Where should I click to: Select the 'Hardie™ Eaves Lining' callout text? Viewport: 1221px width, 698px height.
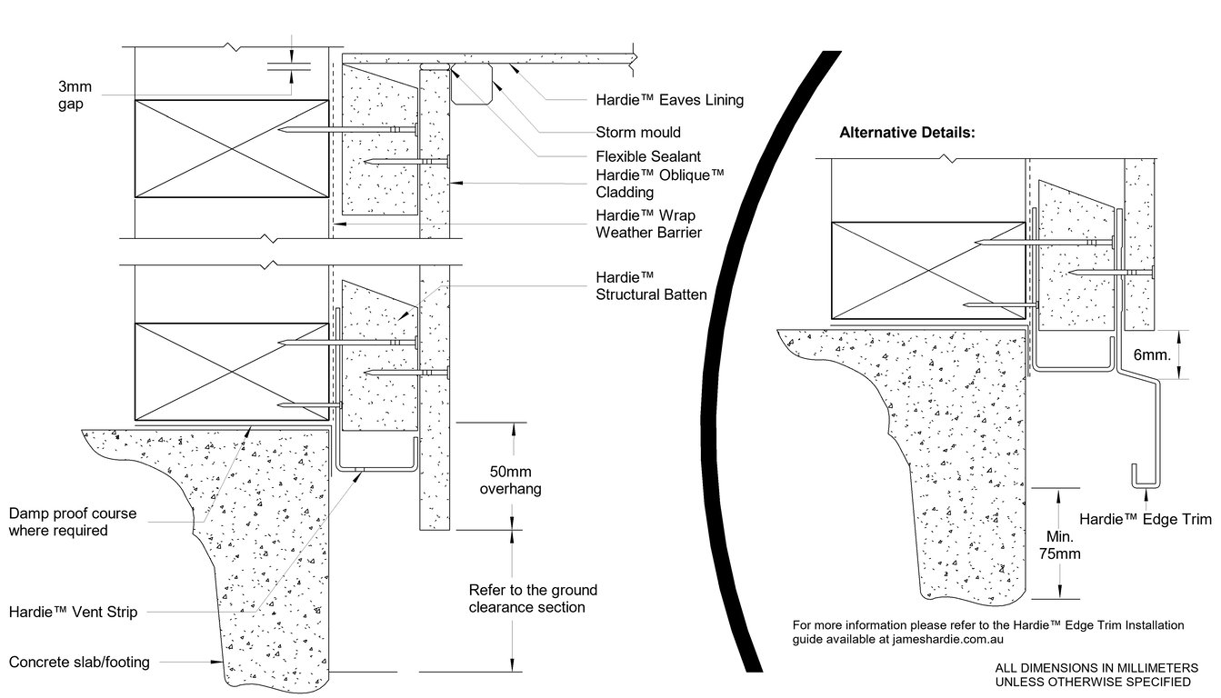(669, 100)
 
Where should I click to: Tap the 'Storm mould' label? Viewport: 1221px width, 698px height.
(637, 132)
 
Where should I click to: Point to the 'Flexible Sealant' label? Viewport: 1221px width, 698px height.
(647, 156)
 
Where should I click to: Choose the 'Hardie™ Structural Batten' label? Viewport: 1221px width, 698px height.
(651, 284)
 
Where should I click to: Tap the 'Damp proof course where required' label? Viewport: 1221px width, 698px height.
(73, 522)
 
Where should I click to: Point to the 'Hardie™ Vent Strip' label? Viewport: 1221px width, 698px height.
(73, 613)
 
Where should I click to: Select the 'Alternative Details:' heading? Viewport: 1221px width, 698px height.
(906, 133)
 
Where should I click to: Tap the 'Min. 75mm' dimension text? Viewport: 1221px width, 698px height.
(1060, 543)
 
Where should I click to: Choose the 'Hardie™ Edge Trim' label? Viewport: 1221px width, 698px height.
(1146, 520)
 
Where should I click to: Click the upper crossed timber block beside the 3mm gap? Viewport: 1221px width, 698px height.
(231, 148)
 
